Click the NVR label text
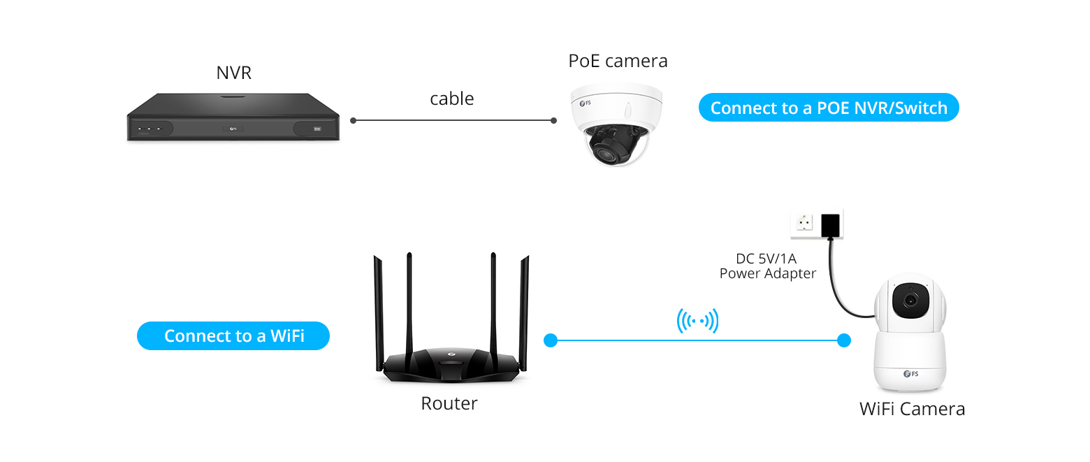click(x=233, y=73)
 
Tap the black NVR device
click(x=233, y=118)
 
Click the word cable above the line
click(x=451, y=99)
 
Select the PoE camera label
click(x=618, y=61)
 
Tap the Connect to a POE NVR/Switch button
click(x=829, y=108)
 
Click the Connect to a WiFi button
click(x=233, y=335)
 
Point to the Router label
click(x=449, y=403)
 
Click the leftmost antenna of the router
click(x=378, y=308)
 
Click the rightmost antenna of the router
click(x=524, y=308)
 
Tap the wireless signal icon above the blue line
click(x=697, y=322)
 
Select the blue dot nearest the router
click(x=550, y=340)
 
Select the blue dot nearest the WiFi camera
click(x=844, y=340)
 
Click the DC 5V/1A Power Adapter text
click(x=767, y=267)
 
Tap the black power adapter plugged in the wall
click(x=831, y=224)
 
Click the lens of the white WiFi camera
click(x=910, y=300)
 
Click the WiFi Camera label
click(x=912, y=409)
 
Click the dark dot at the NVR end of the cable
click(x=354, y=120)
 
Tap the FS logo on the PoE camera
click(x=585, y=105)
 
